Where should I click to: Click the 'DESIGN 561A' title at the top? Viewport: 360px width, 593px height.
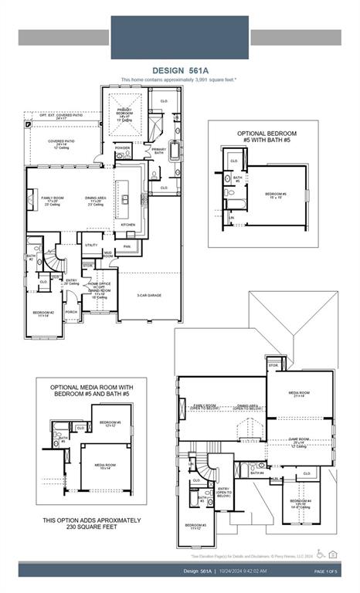pos(179,69)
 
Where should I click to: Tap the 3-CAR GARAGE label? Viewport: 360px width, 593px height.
pos(149,296)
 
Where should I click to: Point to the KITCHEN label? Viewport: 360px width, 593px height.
pos(127,225)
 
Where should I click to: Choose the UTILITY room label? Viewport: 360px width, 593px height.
pos(91,245)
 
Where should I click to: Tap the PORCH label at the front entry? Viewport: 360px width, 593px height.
pos(71,313)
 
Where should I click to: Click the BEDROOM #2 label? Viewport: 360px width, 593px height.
pos(42,314)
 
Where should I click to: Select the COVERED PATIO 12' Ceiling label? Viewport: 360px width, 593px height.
pos(61,143)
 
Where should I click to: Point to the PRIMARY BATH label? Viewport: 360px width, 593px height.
pos(159,151)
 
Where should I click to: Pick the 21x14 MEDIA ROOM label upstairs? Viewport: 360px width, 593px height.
pos(299,394)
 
